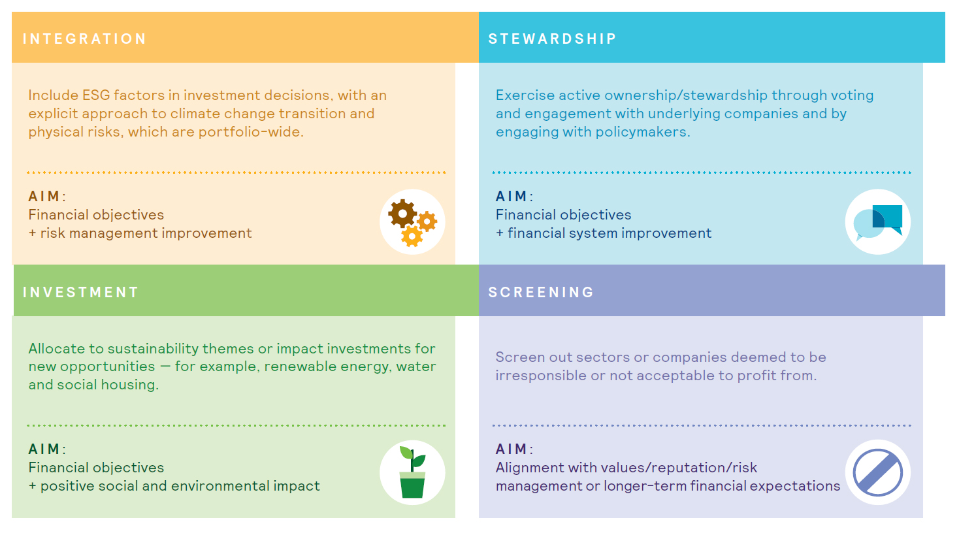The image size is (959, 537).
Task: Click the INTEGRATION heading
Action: pyautogui.click(x=84, y=39)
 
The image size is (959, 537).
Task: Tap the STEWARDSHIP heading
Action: pyautogui.click(x=552, y=39)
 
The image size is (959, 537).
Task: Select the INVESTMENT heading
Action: pyautogui.click(x=80, y=292)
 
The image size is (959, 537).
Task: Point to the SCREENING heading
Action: pyautogui.click(x=541, y=292)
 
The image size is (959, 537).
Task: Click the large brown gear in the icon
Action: pyautogui.click(x=402, y=213)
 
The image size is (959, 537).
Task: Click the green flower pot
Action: pyautogui.click(x=412, y=485)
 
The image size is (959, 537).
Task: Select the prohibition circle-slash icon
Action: pyautogui.click(x=877, y=472)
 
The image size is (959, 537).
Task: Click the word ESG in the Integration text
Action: pyautogui.click(x=96, y=95)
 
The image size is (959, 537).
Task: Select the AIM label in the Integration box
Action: pyautogui.click(x=44, y=196)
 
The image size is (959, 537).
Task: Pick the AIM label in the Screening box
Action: pyautogui.click(x=512, y=449)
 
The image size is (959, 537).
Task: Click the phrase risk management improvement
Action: pyautogui.click(x=146, y=233)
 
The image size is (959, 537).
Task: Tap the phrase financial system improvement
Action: pyautogui.click(x=610, y=233)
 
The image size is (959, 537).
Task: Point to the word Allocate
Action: pyautogui.click(x=57, y=349)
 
